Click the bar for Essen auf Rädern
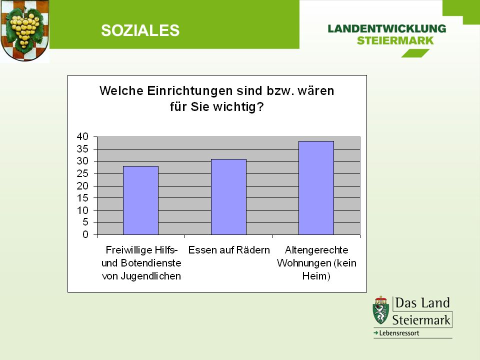pos(228,197)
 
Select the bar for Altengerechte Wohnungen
pos(316,188)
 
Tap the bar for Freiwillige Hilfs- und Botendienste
pos(141,200)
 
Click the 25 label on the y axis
pos(82,173)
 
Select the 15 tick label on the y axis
pos(82,198)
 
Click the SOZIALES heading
pos(140,30)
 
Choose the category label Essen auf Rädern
pos(229,250)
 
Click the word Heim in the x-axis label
pos(314,276)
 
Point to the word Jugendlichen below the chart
pos(150,276)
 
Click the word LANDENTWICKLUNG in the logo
pos(387,29)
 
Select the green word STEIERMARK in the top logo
pos(395,40)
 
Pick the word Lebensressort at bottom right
pos(399,333)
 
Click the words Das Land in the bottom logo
pos(422,303)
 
